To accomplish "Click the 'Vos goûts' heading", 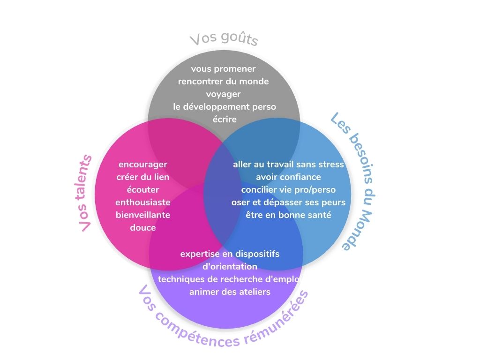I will coord(224,39).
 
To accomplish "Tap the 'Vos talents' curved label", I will coord(86,193).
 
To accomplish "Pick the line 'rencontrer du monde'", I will coord(223,82).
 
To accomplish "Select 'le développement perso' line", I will coord(224,107).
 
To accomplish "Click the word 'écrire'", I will coord(224,119).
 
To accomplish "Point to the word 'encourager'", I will coord(143,165).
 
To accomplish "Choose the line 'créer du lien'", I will coord(143,177).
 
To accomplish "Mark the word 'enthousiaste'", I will coord(143,202).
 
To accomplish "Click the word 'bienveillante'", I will coord(143,215).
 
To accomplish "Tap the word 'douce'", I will coord(143,228).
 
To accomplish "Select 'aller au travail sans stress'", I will coord(288,165).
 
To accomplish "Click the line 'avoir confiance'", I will coord(288,177).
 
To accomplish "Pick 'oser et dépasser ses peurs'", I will coord(288,202).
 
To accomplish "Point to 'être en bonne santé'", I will coord(288,215).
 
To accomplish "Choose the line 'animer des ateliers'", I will coord(230,292).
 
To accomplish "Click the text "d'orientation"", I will coord(230,267).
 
